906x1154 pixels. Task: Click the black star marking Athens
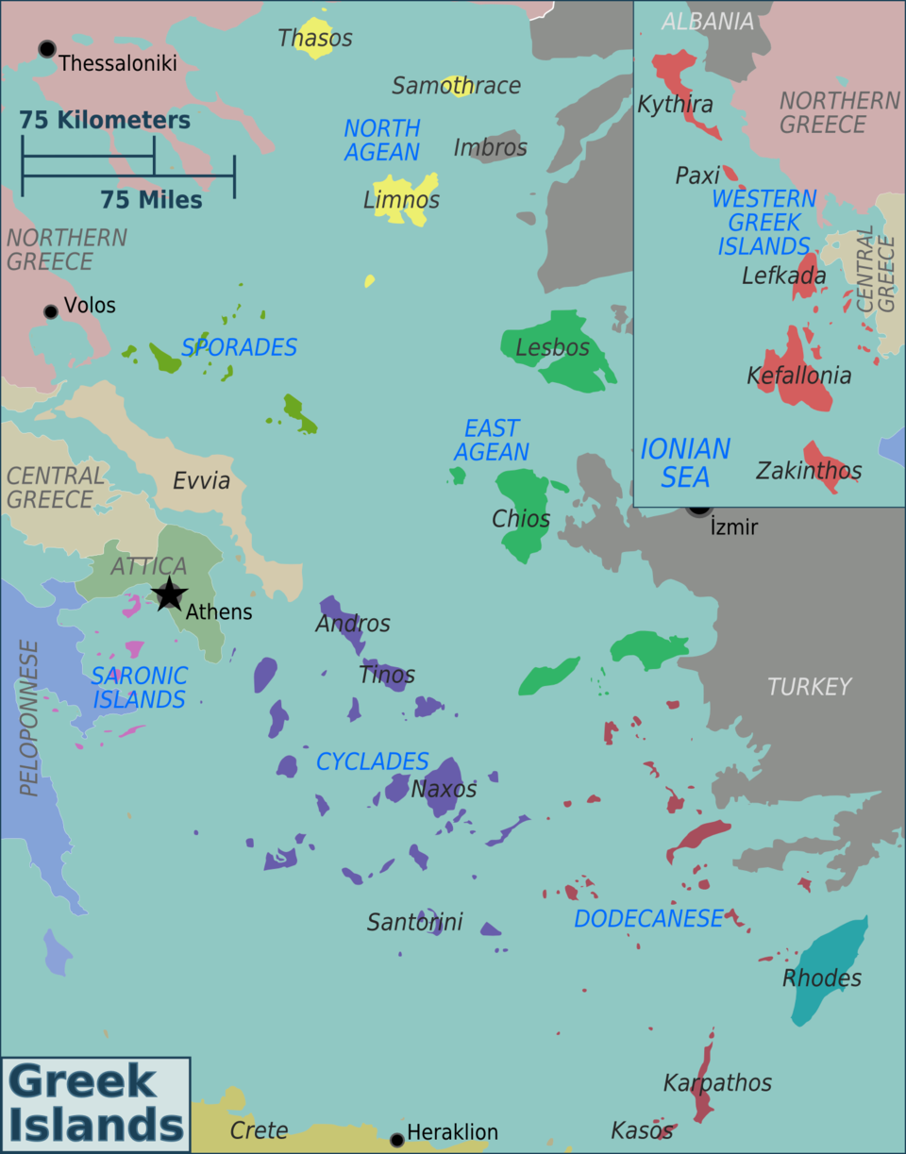(169, 594)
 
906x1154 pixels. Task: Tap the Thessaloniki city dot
(46, 49)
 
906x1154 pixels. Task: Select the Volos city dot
(51, 311)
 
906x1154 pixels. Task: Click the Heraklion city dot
(397, 1140)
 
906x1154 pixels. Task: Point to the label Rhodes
(822, 978)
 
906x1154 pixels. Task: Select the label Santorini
(415, 922)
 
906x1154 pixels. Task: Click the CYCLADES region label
(372, 761)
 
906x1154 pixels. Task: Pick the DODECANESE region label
(648, 918)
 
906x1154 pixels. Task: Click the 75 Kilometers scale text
(105, 121)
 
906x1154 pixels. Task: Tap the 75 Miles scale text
(151, 200)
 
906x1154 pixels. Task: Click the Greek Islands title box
(96, 1104)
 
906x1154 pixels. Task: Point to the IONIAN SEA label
(685, 462)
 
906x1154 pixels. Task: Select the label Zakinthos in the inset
(808, 470)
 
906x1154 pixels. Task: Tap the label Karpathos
(717, 1082)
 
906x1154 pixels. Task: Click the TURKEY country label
(809, 687)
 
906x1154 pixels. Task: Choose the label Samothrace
(457, 86)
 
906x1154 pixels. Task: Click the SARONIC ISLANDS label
(139, 688)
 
